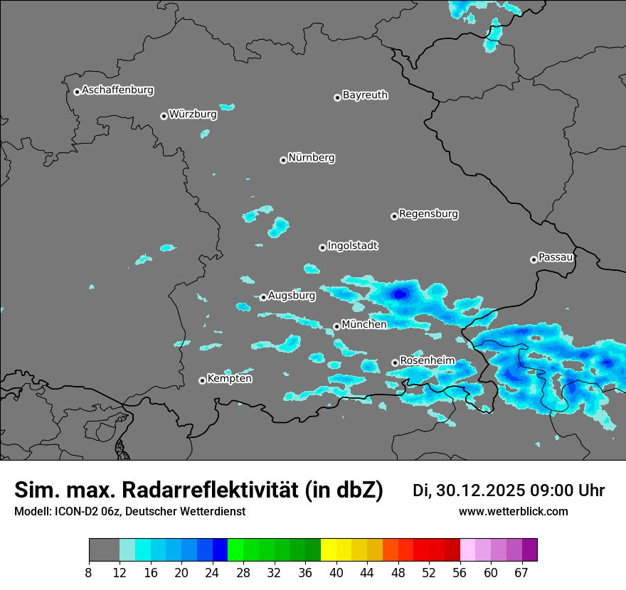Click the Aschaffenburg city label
pyautogui.click(x=117, y=90)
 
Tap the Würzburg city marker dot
pyautogui.click(x=164, y=116)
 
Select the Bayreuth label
pyautogui.click(x=365, y=95)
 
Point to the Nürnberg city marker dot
pyautogui.click(x=283, y=160)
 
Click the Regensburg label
pyautogui.click(x=428, y=213)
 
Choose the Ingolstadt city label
pyautogui.click(x=352, y=245)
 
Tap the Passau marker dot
pyautogui.click(x=534, y=259)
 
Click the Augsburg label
pyautogui.click(x=292, y=295)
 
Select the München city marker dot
pyautogui.click(x=336, y=326)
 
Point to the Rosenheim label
pyautogui.click(x=427, y=360)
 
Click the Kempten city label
pyautogui.click(x=229, y=378)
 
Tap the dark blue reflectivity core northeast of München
pyautogui.click(x=401, y=291)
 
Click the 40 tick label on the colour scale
pyautogui.click(x=336, y=573)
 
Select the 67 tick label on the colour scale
pyautogui.click(x=521, y=573)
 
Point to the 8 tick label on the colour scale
pyautogui.click(x=88, y=573)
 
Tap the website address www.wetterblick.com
pyautogui.click(x=513, y=512)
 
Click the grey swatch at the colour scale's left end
pyautogui.click(x=104, y=549)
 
